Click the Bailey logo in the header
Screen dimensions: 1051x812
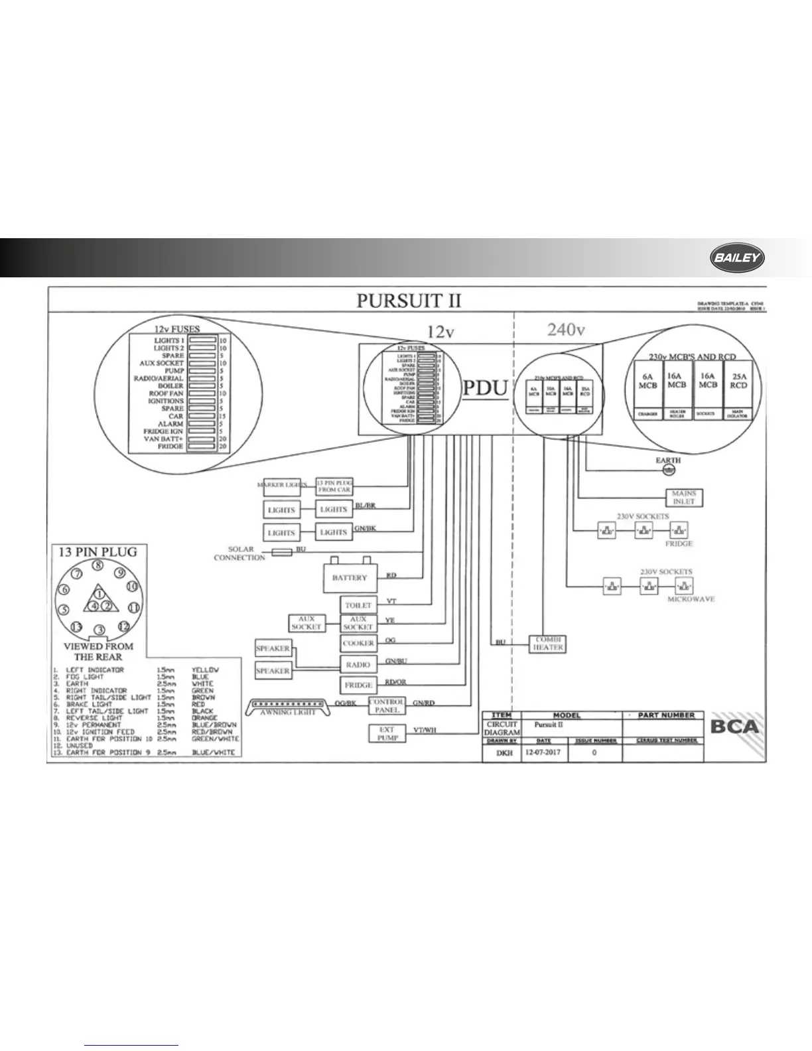[x=738, y=258]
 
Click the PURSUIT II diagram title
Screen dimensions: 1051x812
[x=409, y=301]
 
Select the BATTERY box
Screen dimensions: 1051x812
[x=350, y=577]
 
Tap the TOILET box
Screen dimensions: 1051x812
[x=358, y=605]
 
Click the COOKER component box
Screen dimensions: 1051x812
[x=358, y=643]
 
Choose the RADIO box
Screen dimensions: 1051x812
[x=358, y=664]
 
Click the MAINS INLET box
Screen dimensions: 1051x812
[x=683, y=498]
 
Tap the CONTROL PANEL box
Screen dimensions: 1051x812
[x=386, y=706]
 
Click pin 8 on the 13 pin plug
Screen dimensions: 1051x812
[x=98, y=566]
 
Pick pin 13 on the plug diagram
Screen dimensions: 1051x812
[x=77, y=626]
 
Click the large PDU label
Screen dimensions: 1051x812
[x=484, y=388]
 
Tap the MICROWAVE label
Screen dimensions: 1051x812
[x=691, y=599]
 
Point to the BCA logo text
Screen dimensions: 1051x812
[x=734, y=726]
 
